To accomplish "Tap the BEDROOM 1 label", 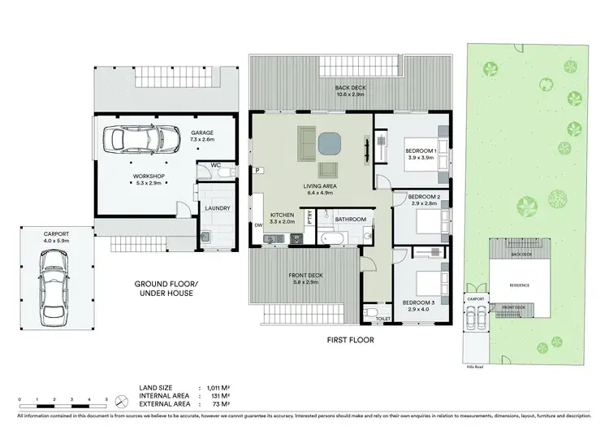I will [422, 151].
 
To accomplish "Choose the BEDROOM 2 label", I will [424, 198].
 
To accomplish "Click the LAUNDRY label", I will [218, 208].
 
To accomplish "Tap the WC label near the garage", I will [216, 164].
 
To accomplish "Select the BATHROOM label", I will [351, 220].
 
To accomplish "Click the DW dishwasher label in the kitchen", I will [257, 224].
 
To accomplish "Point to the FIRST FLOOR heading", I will [350, 340].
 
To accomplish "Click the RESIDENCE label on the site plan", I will [520, 286].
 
